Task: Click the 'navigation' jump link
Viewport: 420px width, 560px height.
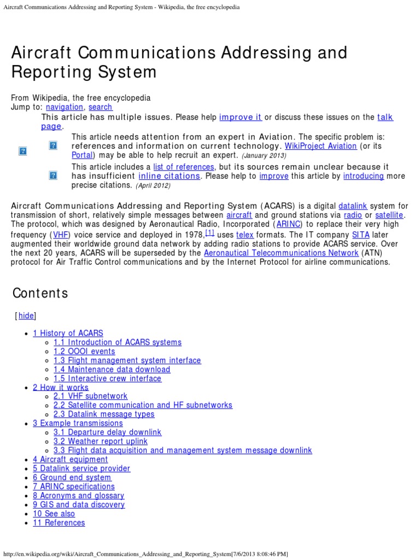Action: pos(65,107)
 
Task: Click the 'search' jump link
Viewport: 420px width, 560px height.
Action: pos(100,107)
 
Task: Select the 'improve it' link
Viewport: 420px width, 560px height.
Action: pos(241,117)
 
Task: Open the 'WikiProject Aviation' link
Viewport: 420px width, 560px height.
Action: pos(321,146)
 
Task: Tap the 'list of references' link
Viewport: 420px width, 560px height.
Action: pos(183,167)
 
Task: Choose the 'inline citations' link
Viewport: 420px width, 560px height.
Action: pos(169,176)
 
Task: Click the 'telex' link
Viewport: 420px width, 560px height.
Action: pos(244,235)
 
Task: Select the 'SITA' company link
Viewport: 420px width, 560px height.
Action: pos(360,235)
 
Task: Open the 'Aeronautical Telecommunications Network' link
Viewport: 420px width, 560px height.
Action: pos(281,253)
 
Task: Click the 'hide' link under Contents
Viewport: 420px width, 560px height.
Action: pos(26,316)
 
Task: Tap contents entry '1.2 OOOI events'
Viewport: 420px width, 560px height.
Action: pos(84,351)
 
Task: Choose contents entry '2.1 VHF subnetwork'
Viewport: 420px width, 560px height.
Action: pos(90,396)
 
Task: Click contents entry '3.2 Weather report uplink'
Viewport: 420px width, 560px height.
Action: pos(100,441)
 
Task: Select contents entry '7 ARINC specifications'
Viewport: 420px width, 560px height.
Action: pos(74,486)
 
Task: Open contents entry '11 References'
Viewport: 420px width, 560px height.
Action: pos(59,523)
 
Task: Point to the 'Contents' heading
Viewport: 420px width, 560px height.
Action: pos(40,293)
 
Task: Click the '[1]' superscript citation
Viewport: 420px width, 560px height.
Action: pos(209,232)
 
